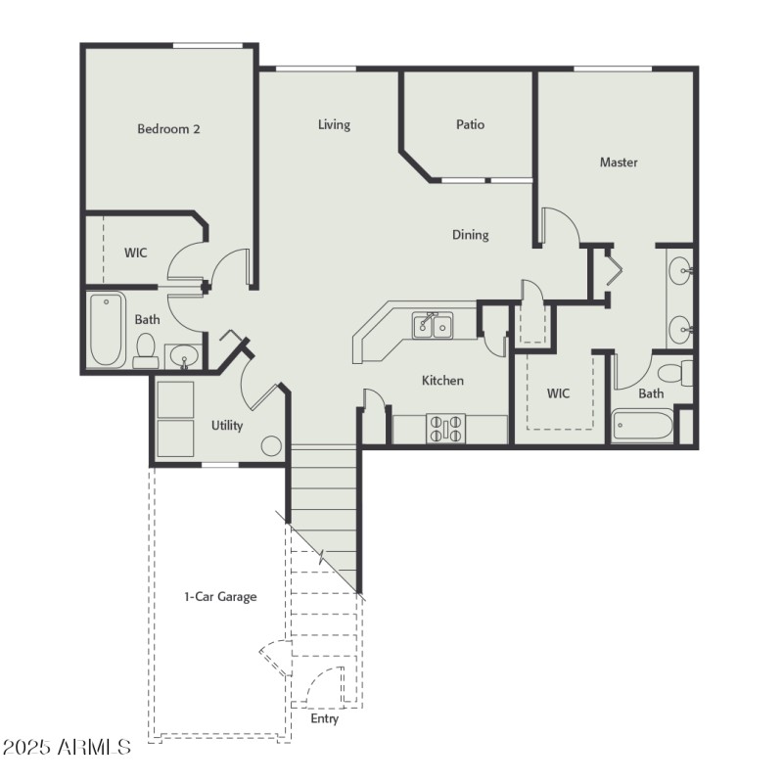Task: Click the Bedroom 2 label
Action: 168,128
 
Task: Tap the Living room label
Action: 334,124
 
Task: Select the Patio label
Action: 470,124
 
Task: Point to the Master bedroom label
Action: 619,162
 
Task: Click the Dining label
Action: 470,235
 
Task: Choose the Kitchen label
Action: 442,380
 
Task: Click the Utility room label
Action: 227,426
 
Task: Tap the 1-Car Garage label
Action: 220,596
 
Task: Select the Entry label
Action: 324,718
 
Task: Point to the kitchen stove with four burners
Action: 445,429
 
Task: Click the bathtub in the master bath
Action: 643,427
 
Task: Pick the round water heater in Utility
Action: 271,446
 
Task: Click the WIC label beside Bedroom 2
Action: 135,253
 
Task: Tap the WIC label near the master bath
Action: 558,393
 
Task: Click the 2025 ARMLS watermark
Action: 66,748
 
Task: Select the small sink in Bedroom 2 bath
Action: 182,357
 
